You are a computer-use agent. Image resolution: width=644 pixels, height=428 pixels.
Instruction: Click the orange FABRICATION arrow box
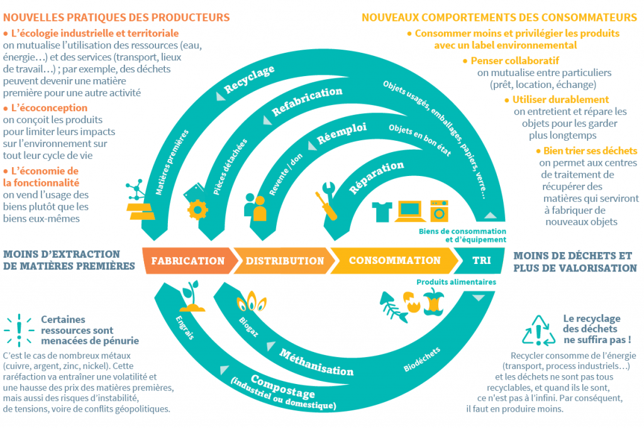click(187, 261)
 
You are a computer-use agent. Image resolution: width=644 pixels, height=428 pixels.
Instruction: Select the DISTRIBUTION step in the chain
click(284, 261)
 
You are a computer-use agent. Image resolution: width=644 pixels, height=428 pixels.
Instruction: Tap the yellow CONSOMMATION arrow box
click(394, 260)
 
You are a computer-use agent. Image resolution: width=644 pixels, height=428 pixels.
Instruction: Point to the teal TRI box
click(481, 260)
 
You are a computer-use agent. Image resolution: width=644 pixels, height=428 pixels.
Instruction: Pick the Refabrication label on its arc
click(307, 102)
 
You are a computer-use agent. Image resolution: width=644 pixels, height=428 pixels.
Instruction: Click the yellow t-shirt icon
click(382, 212)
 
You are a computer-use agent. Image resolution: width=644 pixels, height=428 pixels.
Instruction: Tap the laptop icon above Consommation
click(409, 212)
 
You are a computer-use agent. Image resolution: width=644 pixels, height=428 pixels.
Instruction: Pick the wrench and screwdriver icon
click(330, 201)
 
